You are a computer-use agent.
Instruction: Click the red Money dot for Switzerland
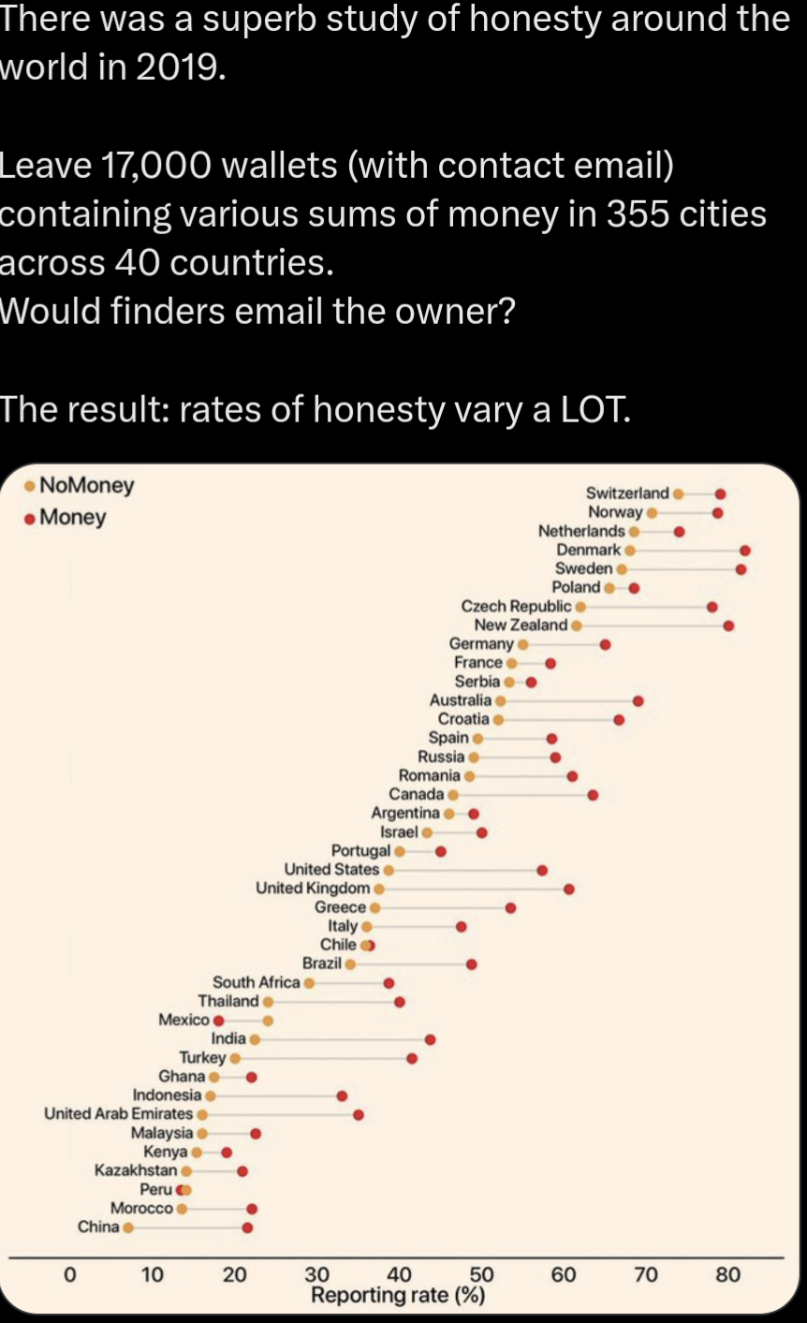pos(719,493)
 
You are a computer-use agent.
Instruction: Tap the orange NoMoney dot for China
pos(128,1227)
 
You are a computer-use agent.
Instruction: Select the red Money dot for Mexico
pos(219,1020)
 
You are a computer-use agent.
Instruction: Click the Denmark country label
pos(588,550)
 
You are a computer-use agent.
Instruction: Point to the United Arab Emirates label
pos(118,1113)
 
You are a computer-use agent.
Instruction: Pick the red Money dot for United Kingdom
pos(569,888)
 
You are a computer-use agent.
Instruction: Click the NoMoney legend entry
pos(86,485)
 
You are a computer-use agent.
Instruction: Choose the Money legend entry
pos(72,517)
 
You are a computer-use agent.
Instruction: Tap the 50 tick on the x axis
pos(481,1274)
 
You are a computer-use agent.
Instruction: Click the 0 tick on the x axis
pos(68,1274)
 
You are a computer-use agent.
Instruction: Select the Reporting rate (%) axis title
pos(398,1296)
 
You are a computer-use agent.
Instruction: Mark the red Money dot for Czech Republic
pos(712,607)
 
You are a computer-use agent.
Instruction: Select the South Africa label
pos(256,982)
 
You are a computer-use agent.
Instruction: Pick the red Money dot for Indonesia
pos(342,1095)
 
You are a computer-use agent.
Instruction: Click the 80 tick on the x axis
pos(727,1274)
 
